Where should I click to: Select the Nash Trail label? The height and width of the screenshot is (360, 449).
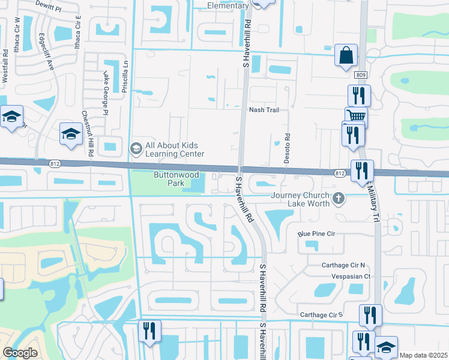(264, 110)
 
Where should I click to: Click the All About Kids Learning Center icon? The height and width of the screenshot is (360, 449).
(136, 148)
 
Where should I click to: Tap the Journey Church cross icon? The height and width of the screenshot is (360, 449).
(339, 198)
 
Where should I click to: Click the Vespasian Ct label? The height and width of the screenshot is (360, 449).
(351, 277)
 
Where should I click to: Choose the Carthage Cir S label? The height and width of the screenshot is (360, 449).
(321, 314)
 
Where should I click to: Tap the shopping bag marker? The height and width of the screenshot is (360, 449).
(346, 56)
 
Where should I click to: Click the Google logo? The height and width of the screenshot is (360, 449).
(20, 353)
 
